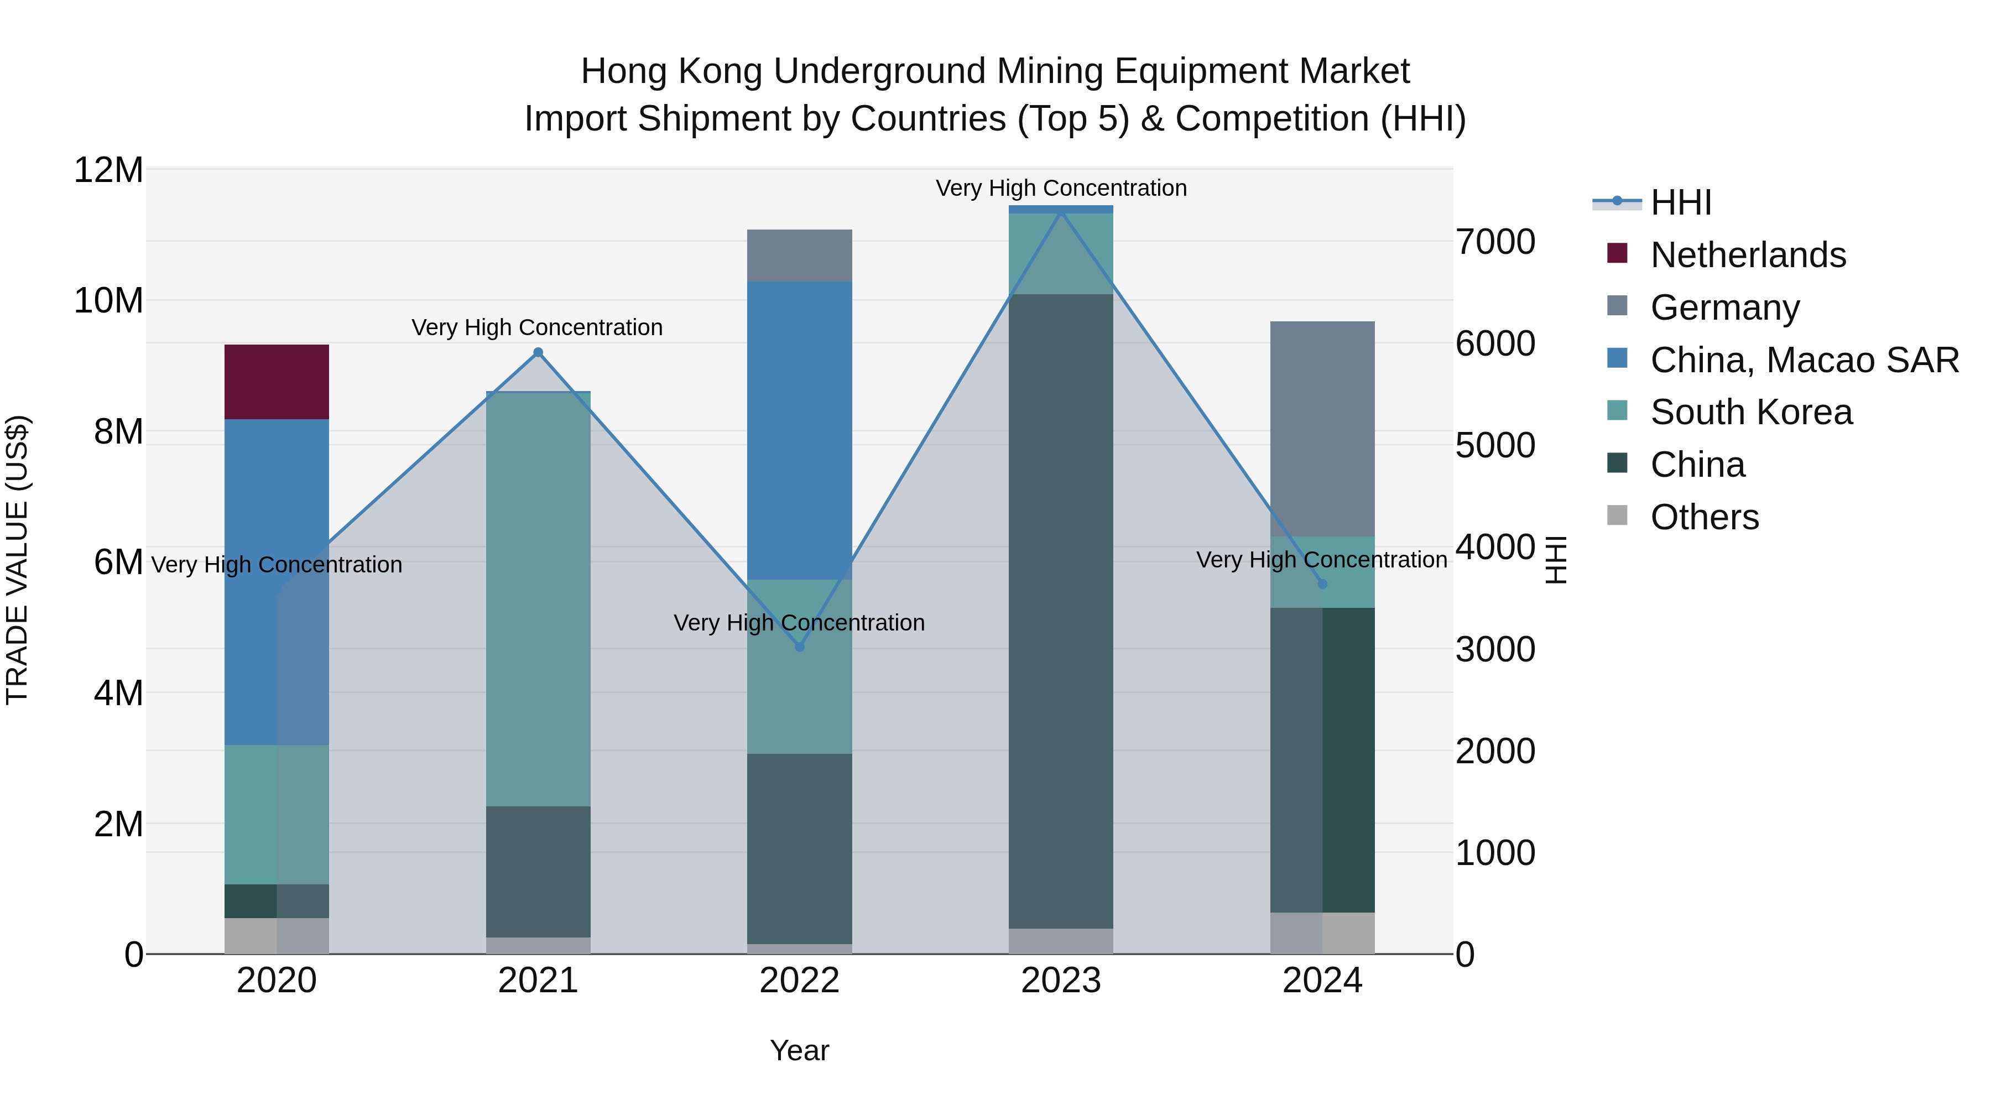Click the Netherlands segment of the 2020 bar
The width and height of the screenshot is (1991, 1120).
pyautogui.click(x=277, y=382)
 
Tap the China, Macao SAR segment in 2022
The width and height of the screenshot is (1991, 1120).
pyautogui.click(x=799, y=430)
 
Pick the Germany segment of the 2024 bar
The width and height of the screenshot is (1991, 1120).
pyautogui.click(x=1322, y=429)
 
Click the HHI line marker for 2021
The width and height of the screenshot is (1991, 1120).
pyautogui.click(x=539, y=352)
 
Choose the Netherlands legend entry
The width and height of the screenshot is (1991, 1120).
pyautogui.click(x=1748, y=255)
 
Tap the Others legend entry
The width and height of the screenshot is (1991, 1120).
pyautogui.click(x=1705, y=517)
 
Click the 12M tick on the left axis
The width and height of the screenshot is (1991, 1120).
pyautogui.click(x=108, y=170)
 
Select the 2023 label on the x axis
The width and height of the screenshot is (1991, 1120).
pyautogui.click(x=1060, y=981)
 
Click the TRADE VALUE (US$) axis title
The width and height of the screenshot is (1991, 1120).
pyautogui.click(x=17, y=560)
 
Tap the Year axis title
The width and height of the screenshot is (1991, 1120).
pyautogui.click(x=799, y=1050)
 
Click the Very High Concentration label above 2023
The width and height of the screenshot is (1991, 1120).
pyautogui.click(x=1060, y=188)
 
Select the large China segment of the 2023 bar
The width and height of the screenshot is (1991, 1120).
pyautogui.click(x=1060, y=611)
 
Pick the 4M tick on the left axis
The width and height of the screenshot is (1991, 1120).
pyautogui.click(x=117, y=694)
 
